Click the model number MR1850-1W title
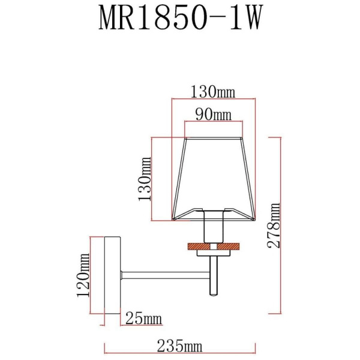pos(180,19)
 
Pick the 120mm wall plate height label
pos(85,275)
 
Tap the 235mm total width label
pos(180,347)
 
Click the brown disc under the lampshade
pos(214,245)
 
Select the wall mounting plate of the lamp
pos(112,275)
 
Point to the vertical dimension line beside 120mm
pos(92,275)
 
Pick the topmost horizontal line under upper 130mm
pos(214,100)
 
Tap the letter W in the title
pos(253,19)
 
